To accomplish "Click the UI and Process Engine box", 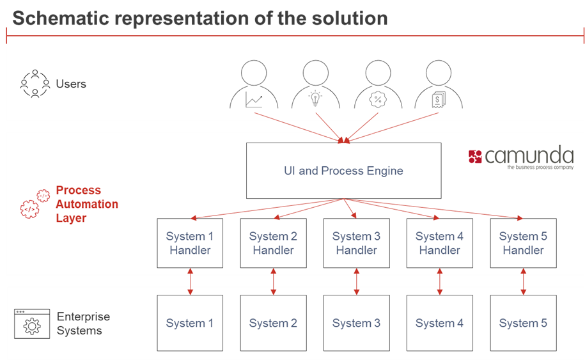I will pos(343,171).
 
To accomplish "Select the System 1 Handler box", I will pos(190,243).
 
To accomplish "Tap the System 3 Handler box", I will pos(356,243).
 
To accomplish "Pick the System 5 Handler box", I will pos(523,243).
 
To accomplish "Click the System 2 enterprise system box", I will pos(273,323).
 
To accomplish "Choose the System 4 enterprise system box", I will pos(439,323).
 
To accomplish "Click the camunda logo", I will pos(520,157).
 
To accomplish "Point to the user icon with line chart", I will pos(254,86).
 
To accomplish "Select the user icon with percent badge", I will pos(377,86).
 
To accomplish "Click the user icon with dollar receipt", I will pos(438,86).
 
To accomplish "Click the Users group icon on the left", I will pos(35,84).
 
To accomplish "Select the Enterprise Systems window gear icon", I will pos(31,324).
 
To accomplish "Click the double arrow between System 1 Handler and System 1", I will pos(190,282).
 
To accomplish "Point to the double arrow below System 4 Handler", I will pos(439,282).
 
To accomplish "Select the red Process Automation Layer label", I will pos(87,204).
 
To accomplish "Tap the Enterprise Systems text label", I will pos(83,324).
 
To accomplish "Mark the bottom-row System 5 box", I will pos(523,323).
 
